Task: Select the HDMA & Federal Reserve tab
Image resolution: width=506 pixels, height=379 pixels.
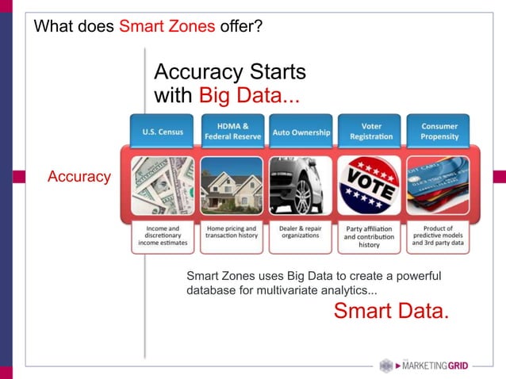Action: click(x=231, y=132)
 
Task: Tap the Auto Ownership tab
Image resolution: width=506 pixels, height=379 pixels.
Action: click(x=301, y=132)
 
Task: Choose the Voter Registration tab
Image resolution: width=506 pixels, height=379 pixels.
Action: click(x=370, y=132)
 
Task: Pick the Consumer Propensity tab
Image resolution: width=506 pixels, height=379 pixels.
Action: click(x=439, y=132)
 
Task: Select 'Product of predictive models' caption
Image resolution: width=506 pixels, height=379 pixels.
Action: click(x=439, y=236)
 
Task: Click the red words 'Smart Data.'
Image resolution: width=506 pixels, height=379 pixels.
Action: click(x=391, y=312)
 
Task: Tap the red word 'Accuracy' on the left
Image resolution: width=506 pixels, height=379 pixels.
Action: click(x=79, y=177)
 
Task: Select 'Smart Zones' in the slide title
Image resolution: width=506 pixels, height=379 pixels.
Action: click(x=167, y=27)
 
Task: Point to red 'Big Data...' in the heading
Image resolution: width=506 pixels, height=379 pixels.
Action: click(x=249, y=96)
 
